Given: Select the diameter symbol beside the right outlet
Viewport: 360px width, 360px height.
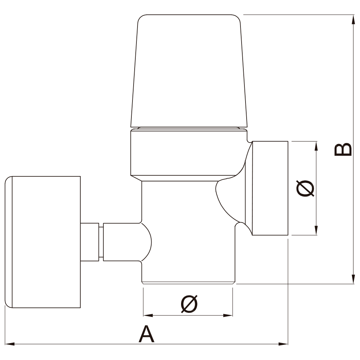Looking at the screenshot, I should (x=306, y=188).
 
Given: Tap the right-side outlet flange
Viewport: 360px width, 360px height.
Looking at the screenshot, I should (x=270, y=188).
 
